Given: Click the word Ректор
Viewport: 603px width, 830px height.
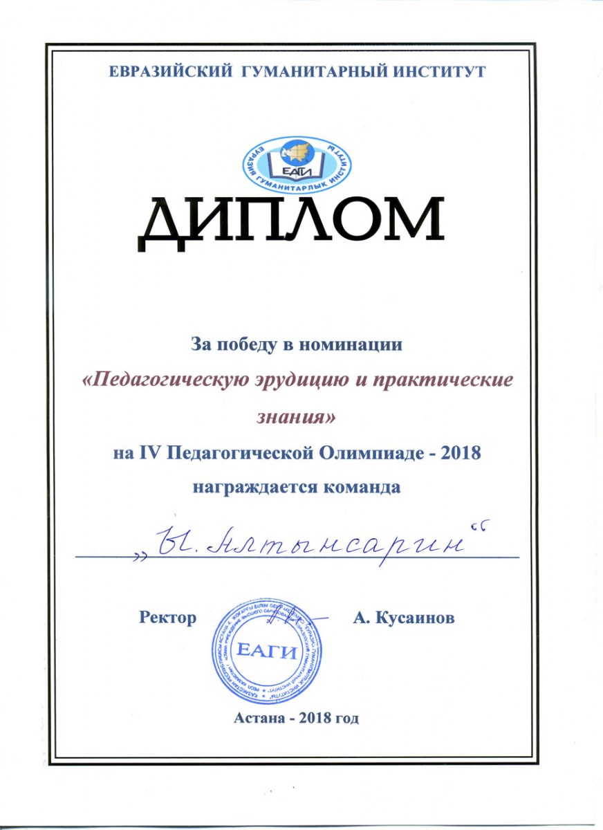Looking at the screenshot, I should point(167,618).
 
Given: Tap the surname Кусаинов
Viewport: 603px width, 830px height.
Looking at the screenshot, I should point(416,618).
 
